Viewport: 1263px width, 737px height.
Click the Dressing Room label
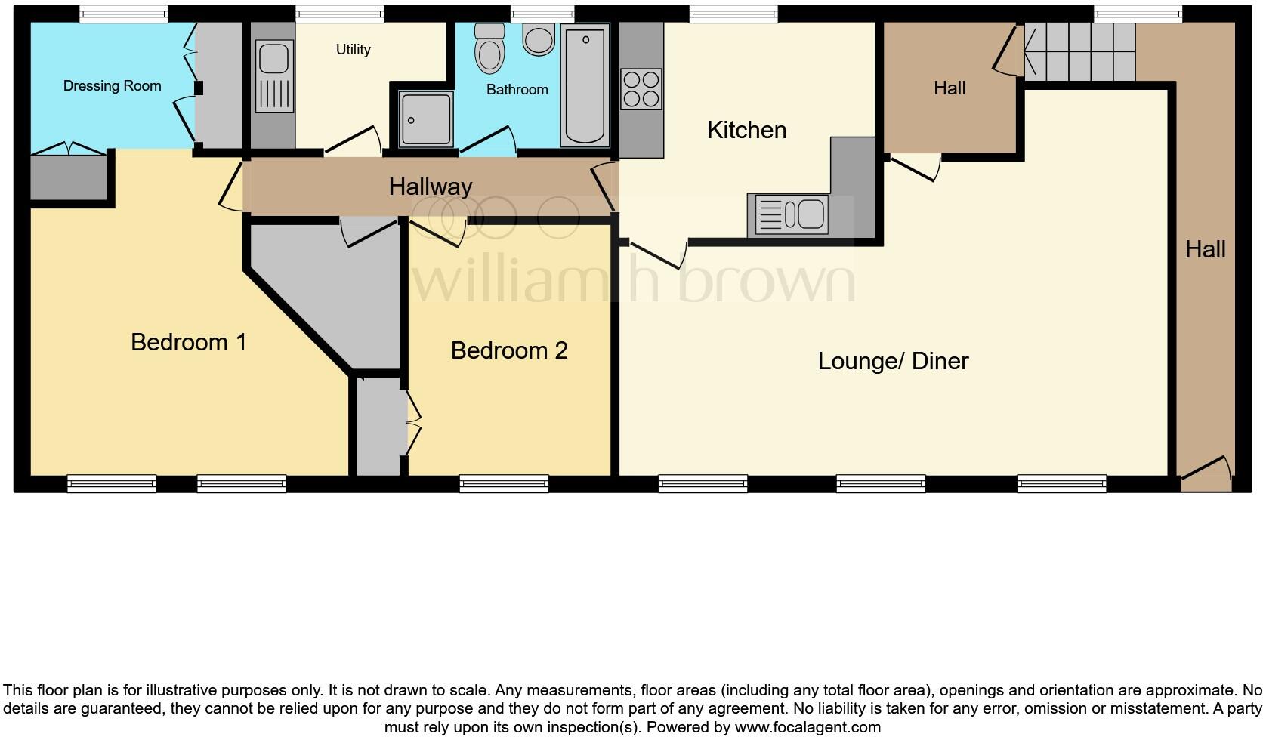tap(112, 85)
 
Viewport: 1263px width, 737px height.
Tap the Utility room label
tap(353, 49)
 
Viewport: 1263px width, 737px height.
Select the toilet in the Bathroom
tap(489, 48)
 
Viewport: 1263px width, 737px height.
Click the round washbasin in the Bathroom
tap(539, 41)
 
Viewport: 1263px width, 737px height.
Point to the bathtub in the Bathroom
tap(585, 85)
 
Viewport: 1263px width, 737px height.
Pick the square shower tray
tap(426, 118)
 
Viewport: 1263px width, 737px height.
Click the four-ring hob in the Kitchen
tap(641, 88)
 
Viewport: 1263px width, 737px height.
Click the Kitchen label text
tap(746, 130)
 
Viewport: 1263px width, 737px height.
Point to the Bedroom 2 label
tap(508, 350)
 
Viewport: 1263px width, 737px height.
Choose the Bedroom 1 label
tap(188, 342)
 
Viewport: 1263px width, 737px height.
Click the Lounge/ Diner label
tap(893, 361)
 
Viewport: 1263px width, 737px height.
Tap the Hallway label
tap(431, 187)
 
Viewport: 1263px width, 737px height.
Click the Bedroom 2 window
tap(504, 484)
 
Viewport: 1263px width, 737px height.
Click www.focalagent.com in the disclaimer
tap(808, 728)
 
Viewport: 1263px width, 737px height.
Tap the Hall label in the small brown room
tap(950, 88)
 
